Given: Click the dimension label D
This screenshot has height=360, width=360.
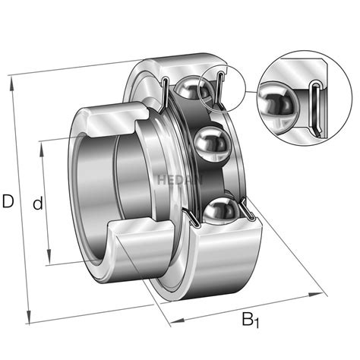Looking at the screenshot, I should pos(8,202).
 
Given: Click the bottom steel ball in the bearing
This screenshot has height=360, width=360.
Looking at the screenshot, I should pos(218,210).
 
